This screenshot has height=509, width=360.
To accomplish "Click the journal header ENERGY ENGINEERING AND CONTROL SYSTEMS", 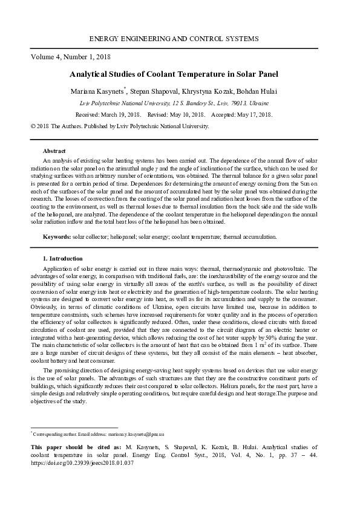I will point(174,39).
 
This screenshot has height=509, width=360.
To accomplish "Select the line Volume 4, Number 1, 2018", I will point(70,58).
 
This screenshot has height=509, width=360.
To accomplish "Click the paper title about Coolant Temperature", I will point(174,75).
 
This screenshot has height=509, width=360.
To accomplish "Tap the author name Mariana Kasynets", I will point(98,91).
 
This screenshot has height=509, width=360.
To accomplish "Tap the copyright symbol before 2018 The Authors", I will point(33,126).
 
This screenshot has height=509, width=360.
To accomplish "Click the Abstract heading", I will point(54,150).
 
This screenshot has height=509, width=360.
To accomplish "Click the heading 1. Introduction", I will point(62,259).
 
